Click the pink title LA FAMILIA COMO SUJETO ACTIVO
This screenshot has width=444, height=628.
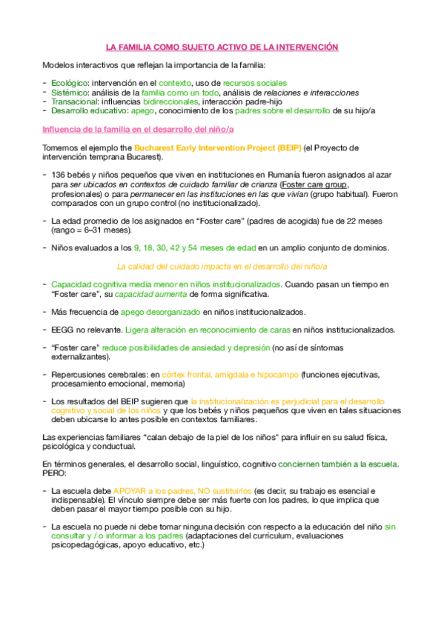pyautogui.click(x=222, y=47)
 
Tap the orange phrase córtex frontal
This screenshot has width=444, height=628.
pyautogui.click(x=194, y=375)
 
